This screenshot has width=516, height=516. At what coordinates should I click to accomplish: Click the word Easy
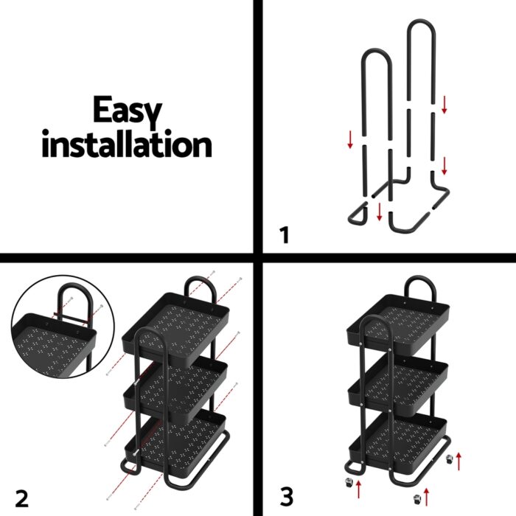coord(126,111)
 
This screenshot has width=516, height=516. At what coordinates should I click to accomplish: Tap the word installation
coord(126,144)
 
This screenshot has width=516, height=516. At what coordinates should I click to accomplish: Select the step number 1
coord(285,236)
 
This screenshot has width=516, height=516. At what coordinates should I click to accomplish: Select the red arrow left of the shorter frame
coord(349,139)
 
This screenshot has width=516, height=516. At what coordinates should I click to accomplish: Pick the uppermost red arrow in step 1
coord(444,105)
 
